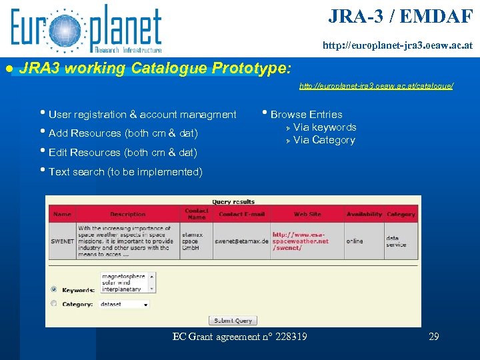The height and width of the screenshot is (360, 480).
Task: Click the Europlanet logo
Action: click(85, 29)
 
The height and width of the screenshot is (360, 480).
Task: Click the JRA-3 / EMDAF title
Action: click(400, 17)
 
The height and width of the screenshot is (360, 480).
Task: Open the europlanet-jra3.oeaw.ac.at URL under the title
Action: click(397, 46)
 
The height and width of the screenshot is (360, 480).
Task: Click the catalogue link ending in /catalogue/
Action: click(376, 86)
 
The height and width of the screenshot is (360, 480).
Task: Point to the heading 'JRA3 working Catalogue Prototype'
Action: click(155, 68)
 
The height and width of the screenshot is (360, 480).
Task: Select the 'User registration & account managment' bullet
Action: click(142, 115)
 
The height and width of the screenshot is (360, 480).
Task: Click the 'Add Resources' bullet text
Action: click(123, 133)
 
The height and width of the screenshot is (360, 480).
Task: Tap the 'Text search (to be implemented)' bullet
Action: click(125, 172)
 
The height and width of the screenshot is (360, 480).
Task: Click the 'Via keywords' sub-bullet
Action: click(325, 127)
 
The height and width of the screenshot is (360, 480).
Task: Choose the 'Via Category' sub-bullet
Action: click(324, 140)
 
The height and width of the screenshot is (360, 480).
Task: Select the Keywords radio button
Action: click(54, 289)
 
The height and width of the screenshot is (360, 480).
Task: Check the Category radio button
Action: click(54, 304)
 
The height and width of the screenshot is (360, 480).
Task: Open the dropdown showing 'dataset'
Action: click(124, 304)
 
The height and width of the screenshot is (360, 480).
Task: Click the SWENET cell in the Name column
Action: click(62, 241)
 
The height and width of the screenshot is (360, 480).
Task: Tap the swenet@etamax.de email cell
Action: click(241, 241)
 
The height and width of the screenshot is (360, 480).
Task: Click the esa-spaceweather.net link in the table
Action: click(301, 241)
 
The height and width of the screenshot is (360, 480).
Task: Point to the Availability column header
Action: click(364, 214)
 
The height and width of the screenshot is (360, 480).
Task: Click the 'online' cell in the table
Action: click(355, 241)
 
